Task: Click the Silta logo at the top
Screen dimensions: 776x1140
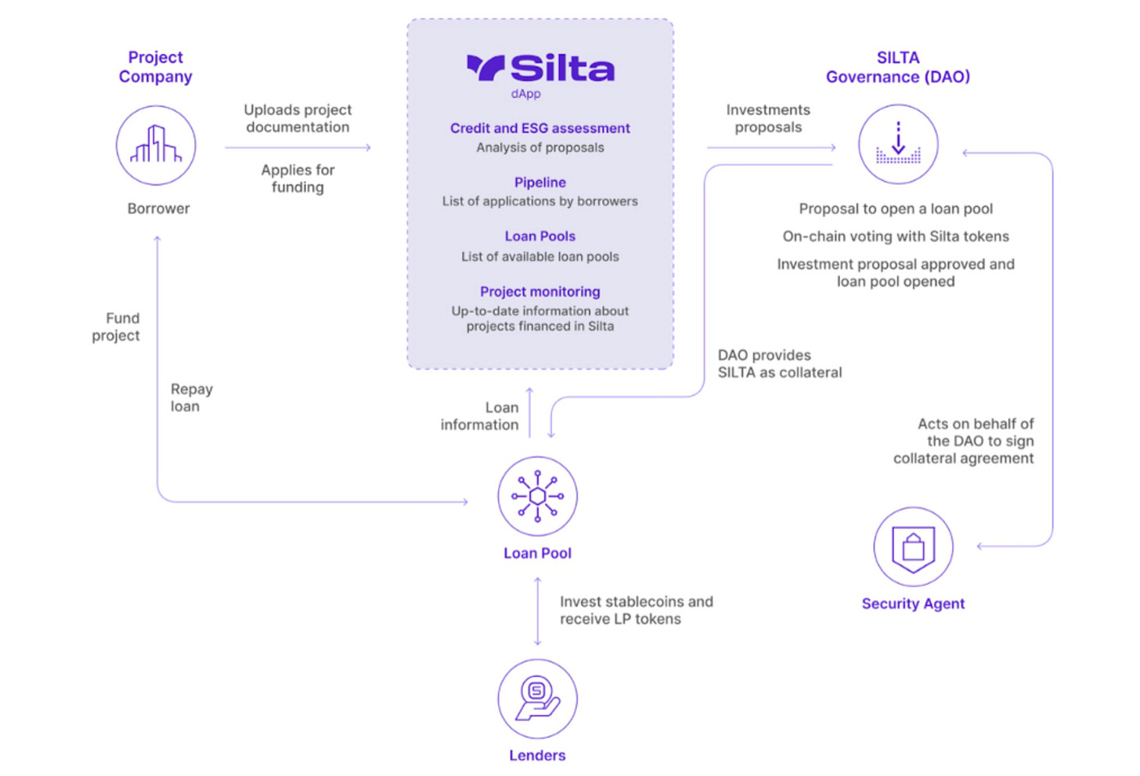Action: click(x=540, y=68)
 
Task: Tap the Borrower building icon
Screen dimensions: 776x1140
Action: click(x=156, y=146)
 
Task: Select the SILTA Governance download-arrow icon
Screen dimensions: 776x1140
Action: click(x=898, y=145)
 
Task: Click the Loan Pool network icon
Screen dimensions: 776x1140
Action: click(x=537, y=496)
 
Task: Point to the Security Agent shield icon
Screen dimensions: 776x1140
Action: click(x=913, y=547)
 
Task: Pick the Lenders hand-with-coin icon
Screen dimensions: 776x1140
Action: click(x=537, y=698)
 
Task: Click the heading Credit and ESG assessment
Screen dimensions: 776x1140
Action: click(x=539, y=128)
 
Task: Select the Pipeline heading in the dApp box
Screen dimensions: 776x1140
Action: click(x=539, y=182)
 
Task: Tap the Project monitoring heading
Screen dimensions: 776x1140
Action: click(x=539, y=291)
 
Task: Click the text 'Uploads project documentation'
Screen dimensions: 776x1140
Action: click(x=298, y=118)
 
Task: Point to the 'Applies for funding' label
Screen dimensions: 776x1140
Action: click(x=298, y=179)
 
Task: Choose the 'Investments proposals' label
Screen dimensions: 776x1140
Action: click(x=768, y=118)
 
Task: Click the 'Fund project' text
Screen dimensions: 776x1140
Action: click(x=117, y=327)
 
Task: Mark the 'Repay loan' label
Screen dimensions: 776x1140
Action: click(x=191, y=398)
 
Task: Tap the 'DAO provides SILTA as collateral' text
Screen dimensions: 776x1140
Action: click(x=779, y=364)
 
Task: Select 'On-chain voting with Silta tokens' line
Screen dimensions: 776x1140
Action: click(x=896, y=236)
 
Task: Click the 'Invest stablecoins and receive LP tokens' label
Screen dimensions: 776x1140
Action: click(x=636, y=610)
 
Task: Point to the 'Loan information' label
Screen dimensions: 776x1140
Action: click(x=480, y=416)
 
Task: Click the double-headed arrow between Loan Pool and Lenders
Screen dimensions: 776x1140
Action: click(x=537, y=612)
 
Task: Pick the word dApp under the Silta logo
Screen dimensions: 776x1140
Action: click(x=525, y=94)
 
